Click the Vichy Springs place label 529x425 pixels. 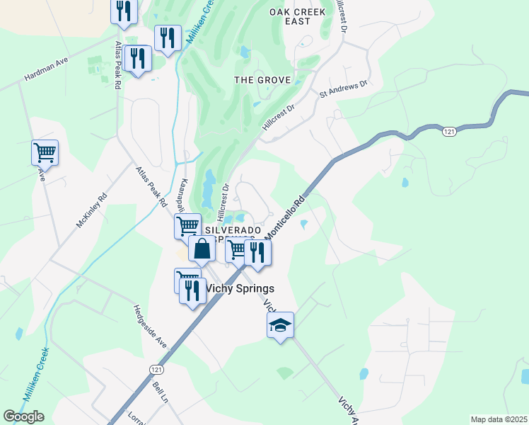tap(240, 288)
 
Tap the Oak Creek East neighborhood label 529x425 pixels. tap(298, 16)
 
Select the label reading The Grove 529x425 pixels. tap(262, 80)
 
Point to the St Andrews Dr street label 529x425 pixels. tap(344, 89)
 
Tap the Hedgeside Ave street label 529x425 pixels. tap(149, 327)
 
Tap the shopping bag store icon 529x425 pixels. tap(202, 249)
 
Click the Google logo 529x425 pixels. tap(23, 416)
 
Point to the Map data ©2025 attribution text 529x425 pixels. tap(498, 419)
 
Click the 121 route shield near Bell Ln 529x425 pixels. tap(156, 370)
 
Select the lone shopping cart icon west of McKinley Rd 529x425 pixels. tap(45, 152)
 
